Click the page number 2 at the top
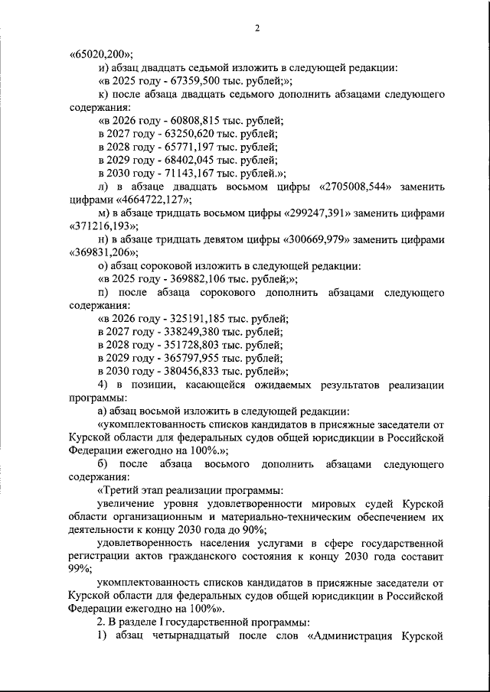click(x=258, y=29)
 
